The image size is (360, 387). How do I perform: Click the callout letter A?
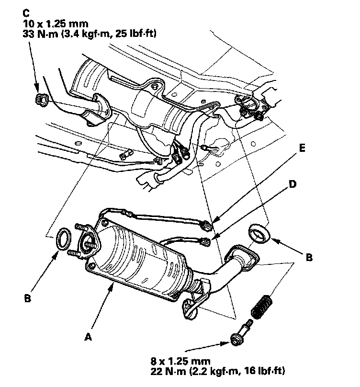click(88, 337)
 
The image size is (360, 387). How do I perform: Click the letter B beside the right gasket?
click(309, 257)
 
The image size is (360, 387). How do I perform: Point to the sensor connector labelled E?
click(207, 223)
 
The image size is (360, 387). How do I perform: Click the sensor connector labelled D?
click(206, 241)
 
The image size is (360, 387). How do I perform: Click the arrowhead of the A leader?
click(113, 285)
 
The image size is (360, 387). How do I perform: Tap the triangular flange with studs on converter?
click(89, 242)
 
